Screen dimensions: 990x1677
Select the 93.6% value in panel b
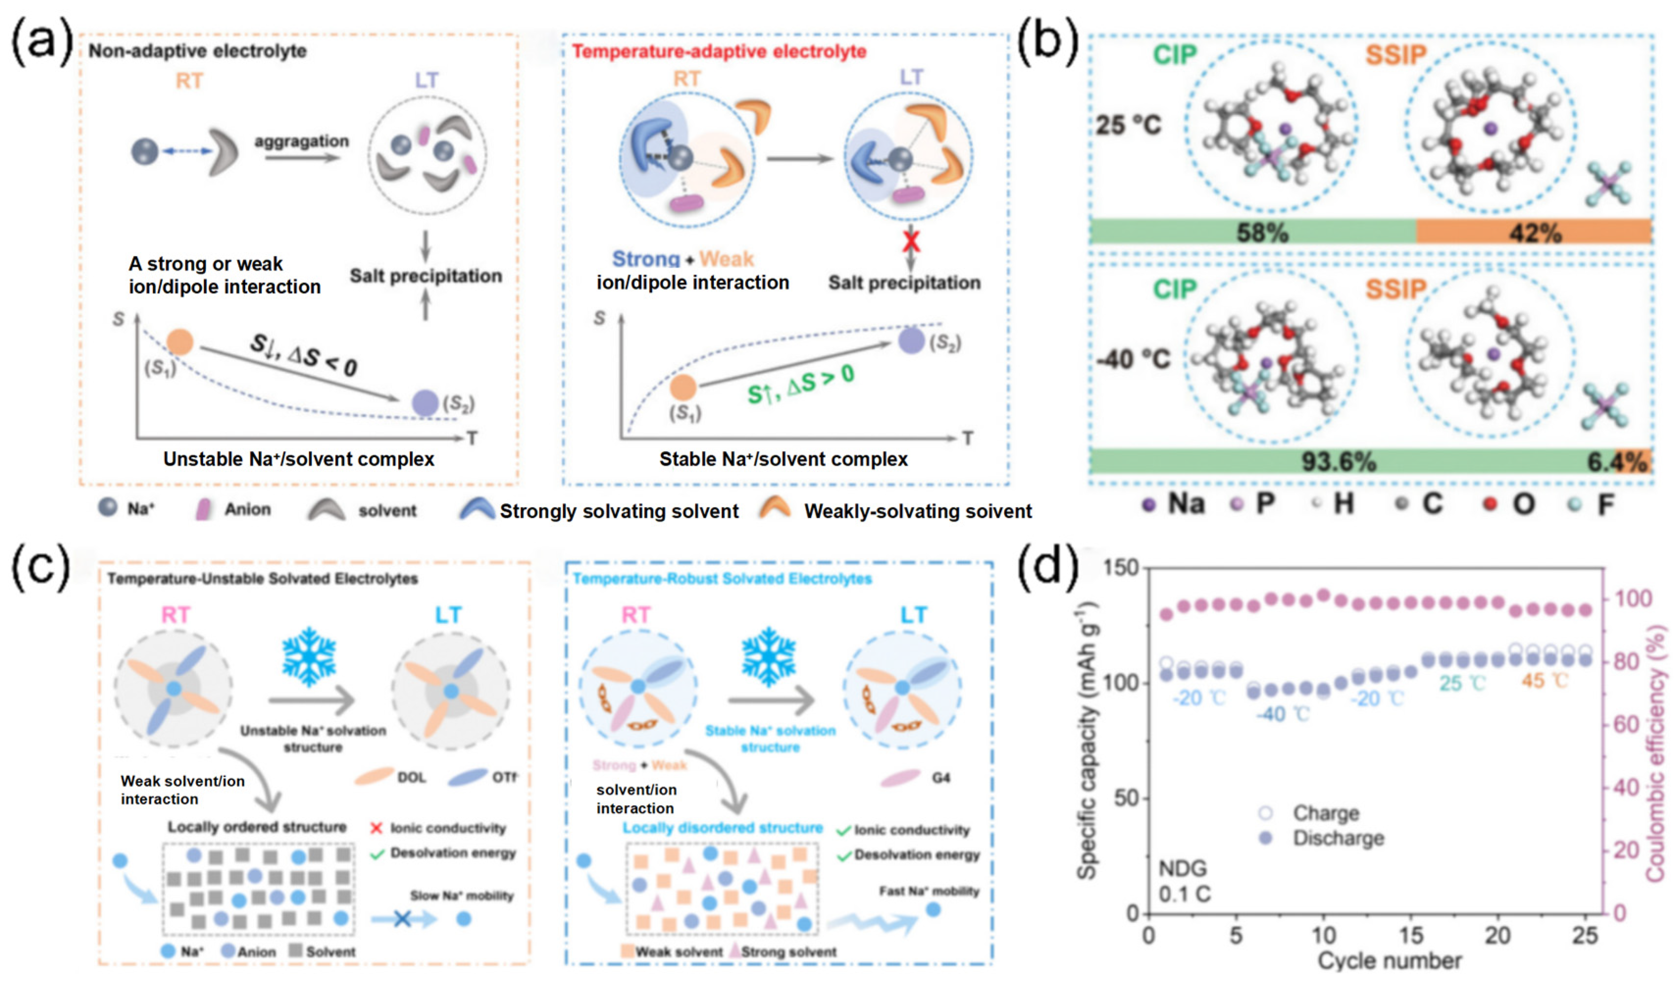click(x=1338, y=461)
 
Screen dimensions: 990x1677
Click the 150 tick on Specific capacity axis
click(x=1121, y=568)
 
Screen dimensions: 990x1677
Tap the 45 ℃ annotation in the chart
click(x=1544, y=681)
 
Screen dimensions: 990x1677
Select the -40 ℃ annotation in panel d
click(x=1282, y=714)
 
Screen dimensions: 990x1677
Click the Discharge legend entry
click(x=1338, y=838)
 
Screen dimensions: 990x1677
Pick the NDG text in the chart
click(x=1182, y=868)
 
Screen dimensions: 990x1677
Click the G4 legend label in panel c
click(x=940, y=778)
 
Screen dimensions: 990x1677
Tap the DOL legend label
click(x=411, y=778)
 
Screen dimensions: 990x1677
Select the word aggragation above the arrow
click(x=301, y=141)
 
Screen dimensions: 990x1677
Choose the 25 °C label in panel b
click(x=1128, y=125)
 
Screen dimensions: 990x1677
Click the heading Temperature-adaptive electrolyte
click(x=719, y=51)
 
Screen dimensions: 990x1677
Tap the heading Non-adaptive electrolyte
click(x=198, y=51)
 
